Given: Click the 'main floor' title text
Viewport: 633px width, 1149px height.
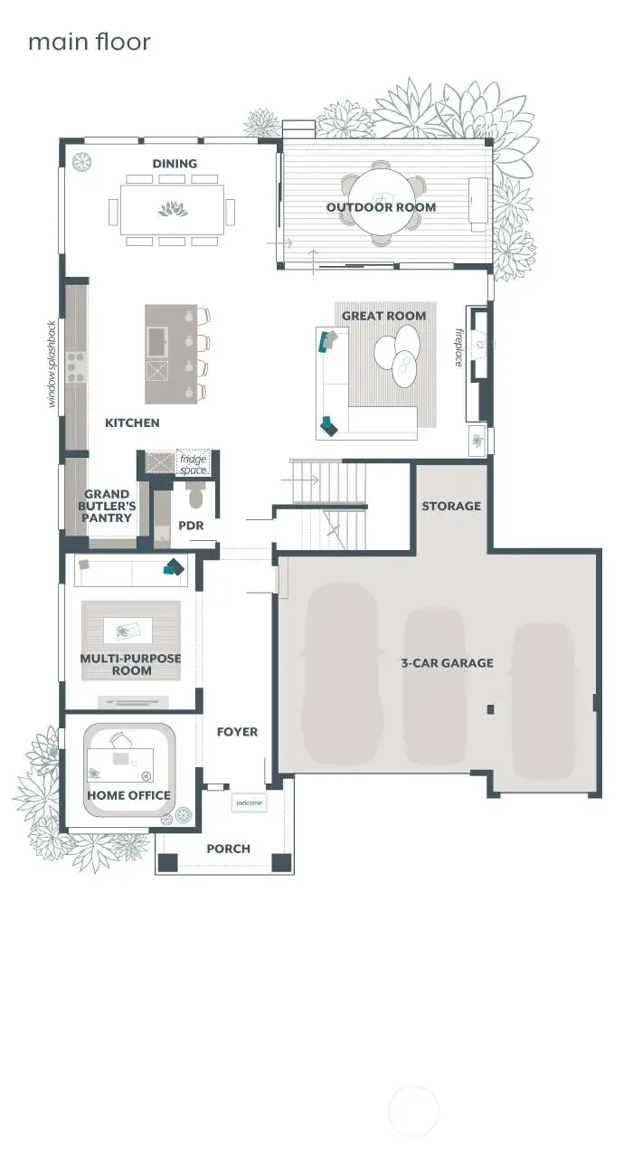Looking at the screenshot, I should point(89,42).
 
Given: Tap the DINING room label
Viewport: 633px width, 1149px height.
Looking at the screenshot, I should point(175,164).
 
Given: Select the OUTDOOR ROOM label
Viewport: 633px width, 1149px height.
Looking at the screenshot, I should point(381,207).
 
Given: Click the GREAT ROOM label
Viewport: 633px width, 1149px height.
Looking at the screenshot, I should point(383,316).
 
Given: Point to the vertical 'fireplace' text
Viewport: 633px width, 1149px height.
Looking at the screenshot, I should point(459,347).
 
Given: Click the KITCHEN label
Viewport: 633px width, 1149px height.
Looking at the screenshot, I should point(132,423).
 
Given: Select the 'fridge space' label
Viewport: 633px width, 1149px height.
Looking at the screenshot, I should point(193,465).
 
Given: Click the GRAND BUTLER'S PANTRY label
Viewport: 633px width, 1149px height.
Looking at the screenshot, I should point(109,507).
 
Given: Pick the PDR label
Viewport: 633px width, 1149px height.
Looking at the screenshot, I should point(190,525).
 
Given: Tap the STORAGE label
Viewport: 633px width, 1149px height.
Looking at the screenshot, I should point(451,506).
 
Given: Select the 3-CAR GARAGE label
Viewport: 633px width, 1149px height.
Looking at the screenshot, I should point(447,662).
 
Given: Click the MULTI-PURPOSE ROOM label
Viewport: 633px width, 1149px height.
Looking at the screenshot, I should point(130,665).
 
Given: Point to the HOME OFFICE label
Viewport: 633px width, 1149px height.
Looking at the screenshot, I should point(128,795).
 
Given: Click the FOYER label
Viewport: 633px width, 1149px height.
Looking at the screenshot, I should point(237,731).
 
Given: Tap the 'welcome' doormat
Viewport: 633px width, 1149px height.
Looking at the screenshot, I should point(249,802).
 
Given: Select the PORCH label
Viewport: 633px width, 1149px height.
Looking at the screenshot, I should point(228,849).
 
